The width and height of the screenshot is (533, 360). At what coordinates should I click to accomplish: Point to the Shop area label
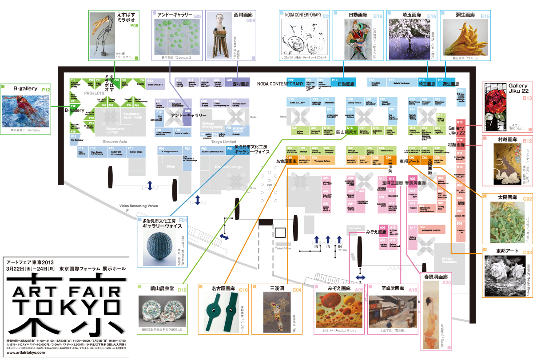171,166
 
